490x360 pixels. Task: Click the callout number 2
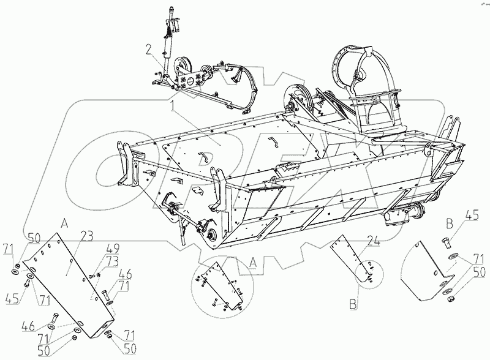tap(148, 48)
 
